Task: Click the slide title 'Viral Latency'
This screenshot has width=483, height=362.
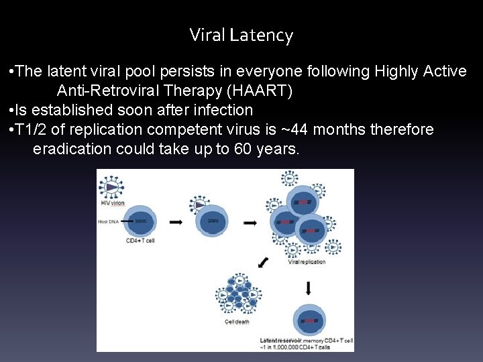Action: click(241, 35)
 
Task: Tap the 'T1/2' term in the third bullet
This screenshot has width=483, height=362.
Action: click(30, 129)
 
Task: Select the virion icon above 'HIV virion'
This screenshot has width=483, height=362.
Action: click(111, 187)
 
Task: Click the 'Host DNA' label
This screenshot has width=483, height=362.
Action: click(109, 220)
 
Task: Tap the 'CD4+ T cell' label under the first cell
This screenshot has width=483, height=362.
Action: click(140, 240)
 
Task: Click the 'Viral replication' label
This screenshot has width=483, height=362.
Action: click(307, 262)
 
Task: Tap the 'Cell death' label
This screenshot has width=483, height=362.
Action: click(237, 322)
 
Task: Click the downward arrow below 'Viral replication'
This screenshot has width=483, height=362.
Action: click(308, 288)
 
